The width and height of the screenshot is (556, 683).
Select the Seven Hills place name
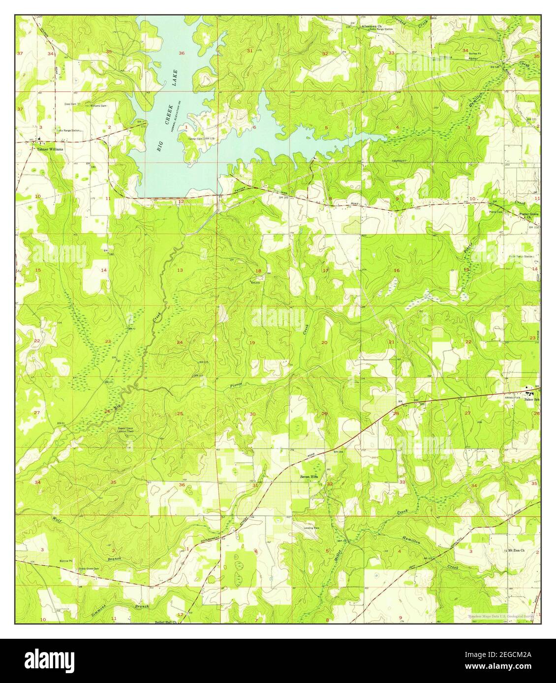point(309,476)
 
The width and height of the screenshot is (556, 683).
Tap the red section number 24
point(180,342)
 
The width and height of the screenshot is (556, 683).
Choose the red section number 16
point(397,271)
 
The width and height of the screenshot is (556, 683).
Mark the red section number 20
point(324,342)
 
